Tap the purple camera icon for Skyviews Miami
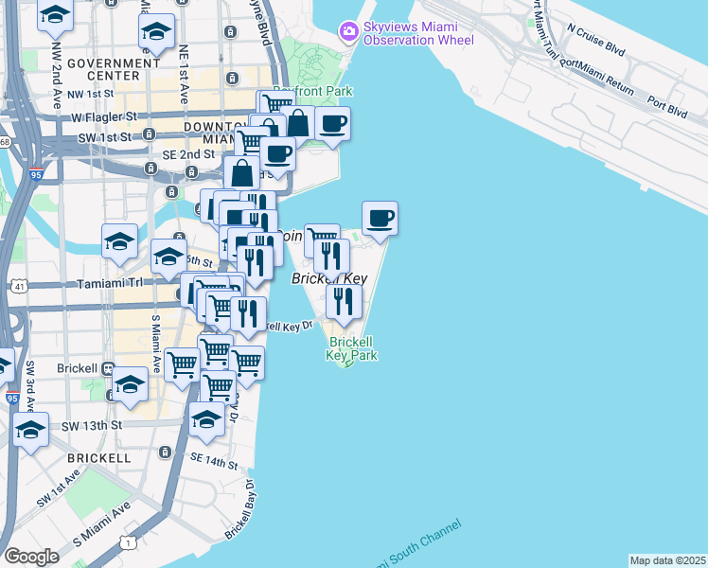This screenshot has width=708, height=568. click(349, 32)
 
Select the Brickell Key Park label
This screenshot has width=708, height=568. click(351, 347)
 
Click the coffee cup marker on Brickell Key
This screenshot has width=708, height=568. click(380, 219)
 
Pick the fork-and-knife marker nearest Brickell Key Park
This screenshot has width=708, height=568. click(344, 301)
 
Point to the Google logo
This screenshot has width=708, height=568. click(31, 557)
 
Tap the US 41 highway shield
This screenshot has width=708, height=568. click(18, 284)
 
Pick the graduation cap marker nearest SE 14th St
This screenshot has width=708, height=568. click(206, 419)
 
